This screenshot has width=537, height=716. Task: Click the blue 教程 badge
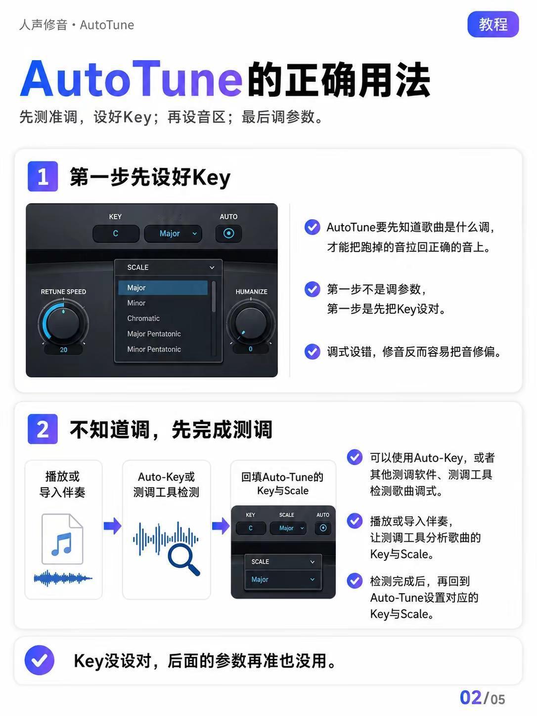492,24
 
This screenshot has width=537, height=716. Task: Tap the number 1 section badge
43,176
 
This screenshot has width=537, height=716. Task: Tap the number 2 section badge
43,429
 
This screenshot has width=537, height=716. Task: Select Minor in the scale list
136,303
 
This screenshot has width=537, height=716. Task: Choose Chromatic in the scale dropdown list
143,318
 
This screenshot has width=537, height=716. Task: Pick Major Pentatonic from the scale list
154,334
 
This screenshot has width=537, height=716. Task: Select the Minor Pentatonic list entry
154,349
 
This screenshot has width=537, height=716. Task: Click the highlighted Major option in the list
163,288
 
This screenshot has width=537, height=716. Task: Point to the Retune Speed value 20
63,350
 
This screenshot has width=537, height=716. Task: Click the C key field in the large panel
116,234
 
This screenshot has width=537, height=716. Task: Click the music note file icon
62,539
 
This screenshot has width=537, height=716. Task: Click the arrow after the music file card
112,526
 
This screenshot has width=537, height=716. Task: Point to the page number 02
470,698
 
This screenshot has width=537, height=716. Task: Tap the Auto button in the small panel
323,528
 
